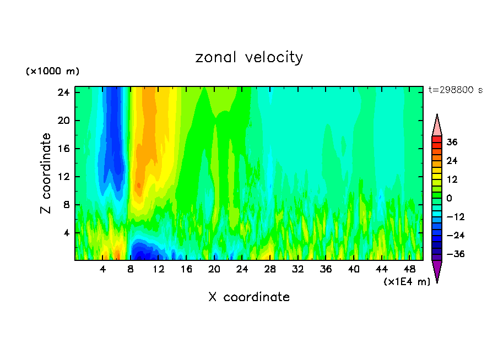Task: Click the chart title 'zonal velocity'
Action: point(249,57)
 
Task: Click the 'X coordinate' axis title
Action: point(249,297)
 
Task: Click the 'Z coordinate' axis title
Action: point(46,173)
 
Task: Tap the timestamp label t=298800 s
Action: point(455,90)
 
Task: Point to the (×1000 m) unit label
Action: point(52,72)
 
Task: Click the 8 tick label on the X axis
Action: point(131,269)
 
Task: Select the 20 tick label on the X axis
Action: point(214,269)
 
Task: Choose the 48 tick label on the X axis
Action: point(409,269)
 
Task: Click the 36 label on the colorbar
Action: point(452,142)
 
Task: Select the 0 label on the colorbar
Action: point(450,198)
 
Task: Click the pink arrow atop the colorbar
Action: point(437,126)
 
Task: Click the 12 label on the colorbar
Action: point(452,179)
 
